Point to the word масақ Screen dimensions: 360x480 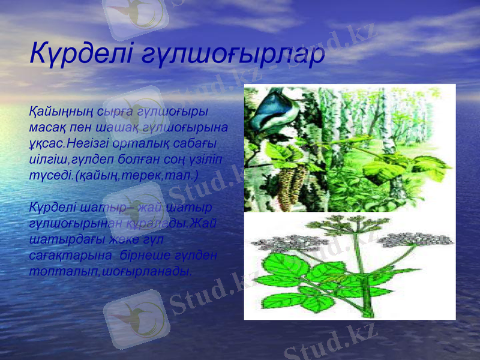click(48, 128)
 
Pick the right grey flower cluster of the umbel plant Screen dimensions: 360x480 click(415, 239)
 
